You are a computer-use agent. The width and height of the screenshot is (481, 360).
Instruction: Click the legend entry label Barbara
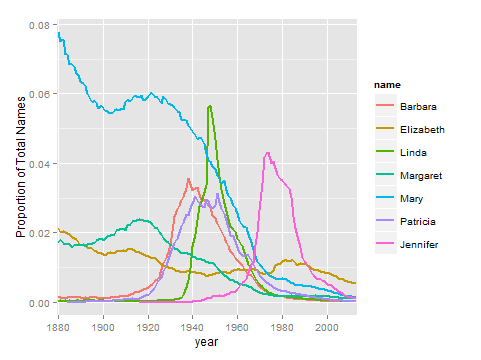(x=418, y=107)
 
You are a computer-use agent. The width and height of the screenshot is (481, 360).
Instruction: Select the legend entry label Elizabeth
(x=422, y=130)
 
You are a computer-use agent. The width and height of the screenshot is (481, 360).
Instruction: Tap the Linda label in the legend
(x=413, y=153)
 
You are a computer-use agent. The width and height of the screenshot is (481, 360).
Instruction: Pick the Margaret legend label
(x=421, y=176)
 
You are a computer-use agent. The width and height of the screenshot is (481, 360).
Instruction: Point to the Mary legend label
(x=411, y=199)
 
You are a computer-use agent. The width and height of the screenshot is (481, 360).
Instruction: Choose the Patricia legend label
(x=418, y=222)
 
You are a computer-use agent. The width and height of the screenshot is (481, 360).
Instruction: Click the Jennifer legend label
(x=419, y=245)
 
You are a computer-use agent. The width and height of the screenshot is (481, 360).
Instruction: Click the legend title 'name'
(x=387, y=85)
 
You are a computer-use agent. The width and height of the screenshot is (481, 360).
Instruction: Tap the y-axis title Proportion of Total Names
(x=21, y=167)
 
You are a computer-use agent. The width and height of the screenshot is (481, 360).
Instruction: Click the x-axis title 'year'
(x=207, y=342)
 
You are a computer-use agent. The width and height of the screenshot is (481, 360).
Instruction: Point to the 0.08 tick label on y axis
(x=39, y=25)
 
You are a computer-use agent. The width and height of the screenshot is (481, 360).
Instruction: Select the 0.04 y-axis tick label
(x=39, y=164)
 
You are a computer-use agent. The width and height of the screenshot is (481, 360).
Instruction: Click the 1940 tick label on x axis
(x=192, y=327)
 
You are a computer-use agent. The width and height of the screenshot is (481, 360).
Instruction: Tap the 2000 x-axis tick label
(x=327, y=327)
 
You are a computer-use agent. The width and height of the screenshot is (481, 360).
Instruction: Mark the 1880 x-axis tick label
(x=58, y=327)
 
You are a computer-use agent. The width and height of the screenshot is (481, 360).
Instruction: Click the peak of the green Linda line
(x=210, y=106)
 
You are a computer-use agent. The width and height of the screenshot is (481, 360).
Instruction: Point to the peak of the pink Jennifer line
(x=268, y=153)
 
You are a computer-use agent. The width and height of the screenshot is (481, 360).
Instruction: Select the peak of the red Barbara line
(x=188, y=179)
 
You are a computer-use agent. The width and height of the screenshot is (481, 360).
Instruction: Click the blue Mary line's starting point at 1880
(x=59, y=33)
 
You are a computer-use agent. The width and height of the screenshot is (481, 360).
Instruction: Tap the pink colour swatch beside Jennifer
(x=385, y=244)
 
